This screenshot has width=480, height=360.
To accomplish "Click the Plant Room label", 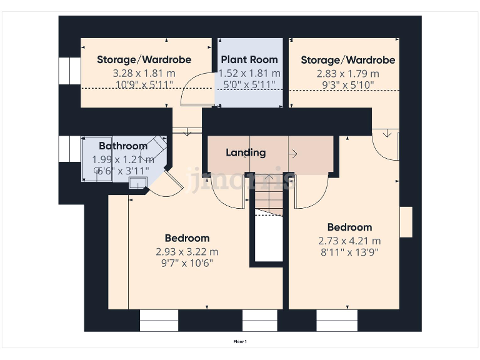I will click(249, 60).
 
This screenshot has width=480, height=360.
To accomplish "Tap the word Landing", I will click(246, 152).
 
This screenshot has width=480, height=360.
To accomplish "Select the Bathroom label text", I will click(123, 146).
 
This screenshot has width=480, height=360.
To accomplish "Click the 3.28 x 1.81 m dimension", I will click(144, 73).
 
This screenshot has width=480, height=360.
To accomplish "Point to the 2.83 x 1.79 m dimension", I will click(347, 73).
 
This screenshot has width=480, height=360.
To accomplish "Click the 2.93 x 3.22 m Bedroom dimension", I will click(187, 252).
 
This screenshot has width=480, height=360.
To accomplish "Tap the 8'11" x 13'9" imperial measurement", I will click(349, 252).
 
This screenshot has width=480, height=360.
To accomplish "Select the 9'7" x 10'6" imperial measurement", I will click(187, 263).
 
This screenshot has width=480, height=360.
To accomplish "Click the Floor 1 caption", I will click(240, 342).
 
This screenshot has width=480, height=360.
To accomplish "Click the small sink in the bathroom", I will click(137, 182).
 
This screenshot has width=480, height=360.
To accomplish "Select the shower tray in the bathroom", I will click(97, 160).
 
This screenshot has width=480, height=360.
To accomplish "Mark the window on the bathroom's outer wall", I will click(66, 148).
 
